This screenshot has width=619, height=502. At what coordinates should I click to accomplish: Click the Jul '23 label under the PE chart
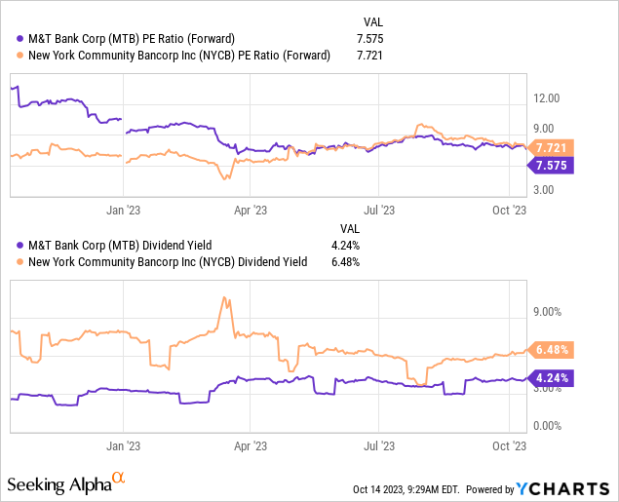tap(379, 209)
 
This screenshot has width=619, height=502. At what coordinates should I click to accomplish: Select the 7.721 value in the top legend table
tap(373, 56)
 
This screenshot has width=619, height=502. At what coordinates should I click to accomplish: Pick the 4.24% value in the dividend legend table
tap(374, 246)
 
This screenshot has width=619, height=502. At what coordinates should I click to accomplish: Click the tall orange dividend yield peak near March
tap(225, 298)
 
